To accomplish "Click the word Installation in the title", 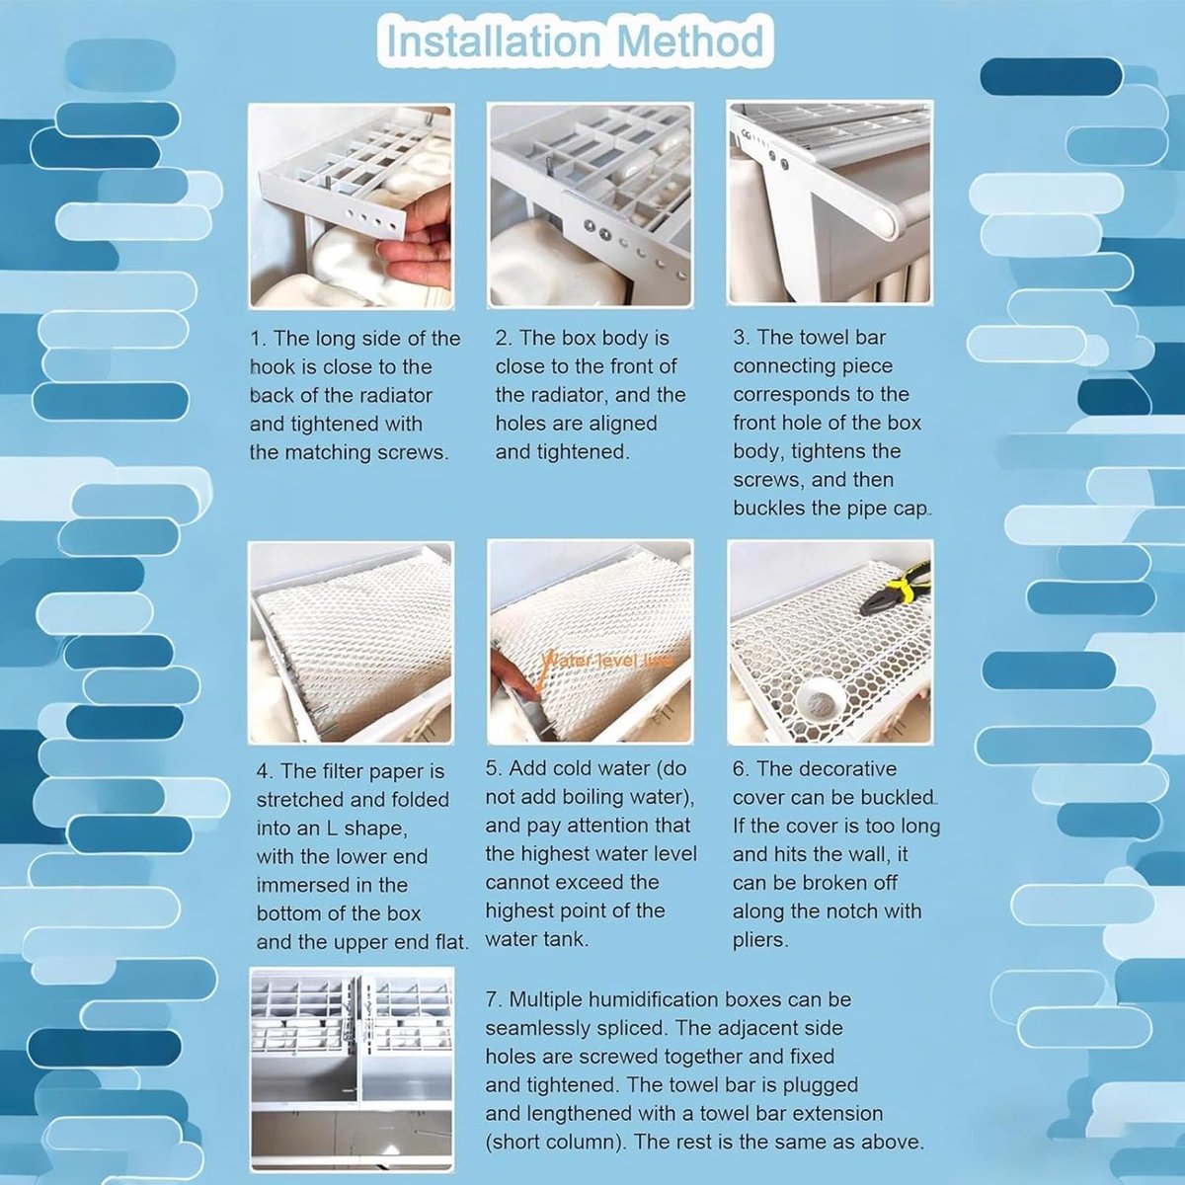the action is click(x=494, y=41).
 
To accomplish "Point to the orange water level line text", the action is click(x=606, y=661).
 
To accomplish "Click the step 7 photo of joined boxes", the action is click(x=353, y=1069).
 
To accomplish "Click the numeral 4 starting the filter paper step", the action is click(x=263, y=772).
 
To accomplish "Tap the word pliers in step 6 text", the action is click(x=759, y=940).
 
